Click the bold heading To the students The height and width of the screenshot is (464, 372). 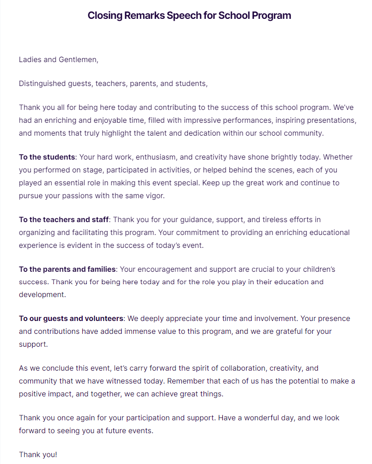point(47,157)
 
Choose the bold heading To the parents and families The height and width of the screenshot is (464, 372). point(68,269)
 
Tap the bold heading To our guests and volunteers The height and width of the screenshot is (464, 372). point(71,318)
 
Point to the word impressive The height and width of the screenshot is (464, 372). point(195,120)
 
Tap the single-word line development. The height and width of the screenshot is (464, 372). point(42,295)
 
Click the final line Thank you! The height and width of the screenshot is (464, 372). point(38,455)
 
